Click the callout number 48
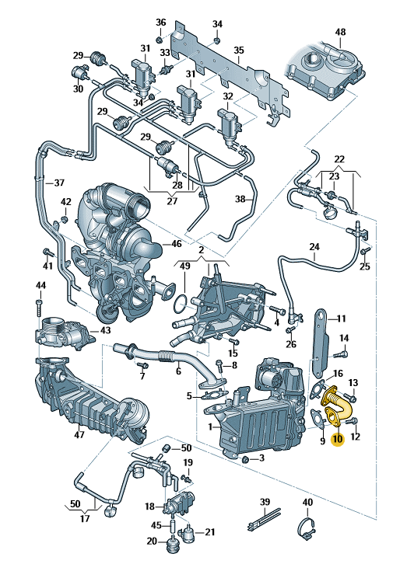pos(339,32)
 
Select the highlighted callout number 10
pos(336,440)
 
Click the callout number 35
pos(239,50)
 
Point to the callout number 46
pos(177,243)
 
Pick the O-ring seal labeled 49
pos(179,302)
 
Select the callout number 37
pos(58,183)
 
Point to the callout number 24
pos(314,249)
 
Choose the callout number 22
pos(339,159)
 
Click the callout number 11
pos(341,319)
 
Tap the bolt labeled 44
pos(40,307)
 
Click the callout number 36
pos(160,22)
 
